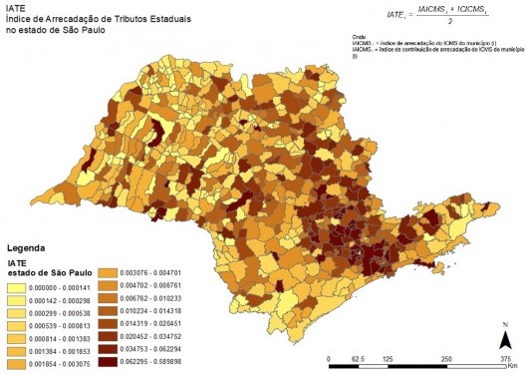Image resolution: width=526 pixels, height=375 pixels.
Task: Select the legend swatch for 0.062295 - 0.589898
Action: [x=132, y=365]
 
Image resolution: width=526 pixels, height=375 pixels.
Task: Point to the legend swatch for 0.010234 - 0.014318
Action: [x=132, y=311]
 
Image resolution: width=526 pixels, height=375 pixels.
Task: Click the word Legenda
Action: [x=29, y=246]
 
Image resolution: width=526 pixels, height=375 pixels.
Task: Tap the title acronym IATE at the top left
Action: [x=15, y=8]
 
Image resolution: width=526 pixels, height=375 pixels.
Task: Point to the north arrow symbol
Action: [x=506, y=333]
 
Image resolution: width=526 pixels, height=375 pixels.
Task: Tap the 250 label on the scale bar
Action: [x=445, y=357]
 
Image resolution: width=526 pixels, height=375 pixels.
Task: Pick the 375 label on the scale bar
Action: [x=505, y=357]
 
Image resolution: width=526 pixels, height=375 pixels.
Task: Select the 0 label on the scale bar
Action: [x=329, y=357]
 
